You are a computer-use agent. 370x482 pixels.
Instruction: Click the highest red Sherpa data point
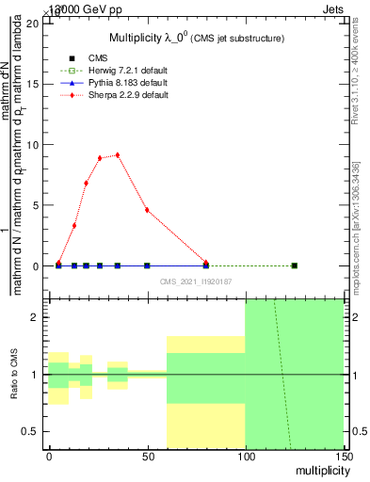pyautogui.click(x=118, y=154)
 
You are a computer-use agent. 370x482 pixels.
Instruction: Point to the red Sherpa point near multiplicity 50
pyautogui.click(x=147, y=210)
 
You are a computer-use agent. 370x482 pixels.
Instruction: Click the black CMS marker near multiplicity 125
pyautogui.click(x=295, y=265)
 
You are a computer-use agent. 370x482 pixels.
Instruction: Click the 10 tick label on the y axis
pyautogui.click(x=34, y=144)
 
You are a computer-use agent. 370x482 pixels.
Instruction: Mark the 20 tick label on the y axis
pyautogui.click(x=34, y=23)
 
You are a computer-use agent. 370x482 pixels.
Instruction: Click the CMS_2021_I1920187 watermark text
pyautogui.click(x=195, y=281)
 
